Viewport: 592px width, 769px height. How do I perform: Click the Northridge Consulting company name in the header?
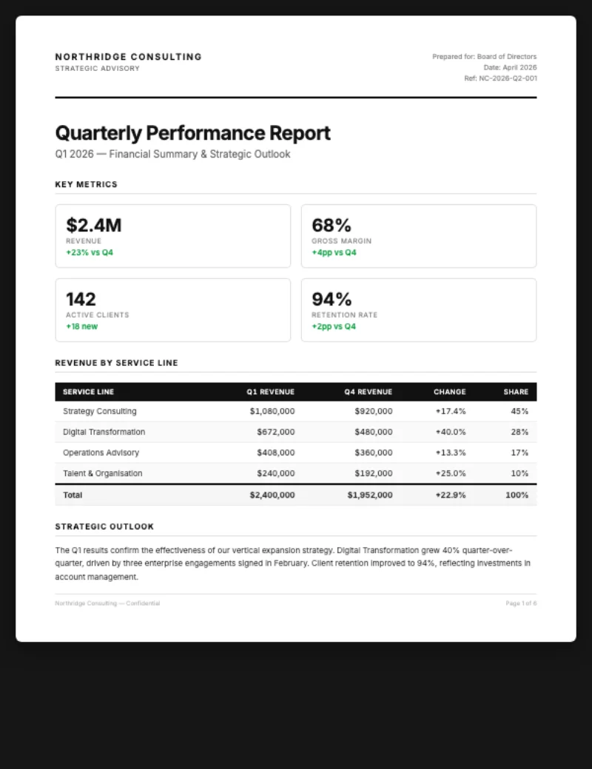(128, 57)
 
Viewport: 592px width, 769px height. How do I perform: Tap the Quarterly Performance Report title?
(192, 134)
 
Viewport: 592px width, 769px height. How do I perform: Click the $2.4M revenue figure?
(93, 226)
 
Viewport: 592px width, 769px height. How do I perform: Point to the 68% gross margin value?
(332, 226)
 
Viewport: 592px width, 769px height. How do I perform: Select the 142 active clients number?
(81, 299)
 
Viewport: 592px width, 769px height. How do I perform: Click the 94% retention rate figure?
(332, 299)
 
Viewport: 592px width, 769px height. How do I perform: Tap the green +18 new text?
(81, 326)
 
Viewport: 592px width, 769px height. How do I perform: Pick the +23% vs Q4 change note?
(90, 252)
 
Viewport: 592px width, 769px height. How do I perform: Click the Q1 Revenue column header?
(270, 392)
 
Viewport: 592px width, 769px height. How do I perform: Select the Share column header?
(516, 392)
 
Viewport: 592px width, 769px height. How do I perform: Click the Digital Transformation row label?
(104, 432)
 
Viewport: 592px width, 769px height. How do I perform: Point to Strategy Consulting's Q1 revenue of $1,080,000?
(272, 411)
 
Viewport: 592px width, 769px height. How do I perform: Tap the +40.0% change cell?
(450, 432)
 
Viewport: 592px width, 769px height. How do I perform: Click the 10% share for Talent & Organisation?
(519, 473)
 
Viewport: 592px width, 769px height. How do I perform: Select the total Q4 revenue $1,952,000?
(369, 495)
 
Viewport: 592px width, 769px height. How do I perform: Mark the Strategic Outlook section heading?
(104, 526)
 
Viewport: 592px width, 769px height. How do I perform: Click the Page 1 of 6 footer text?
(521, 603)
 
